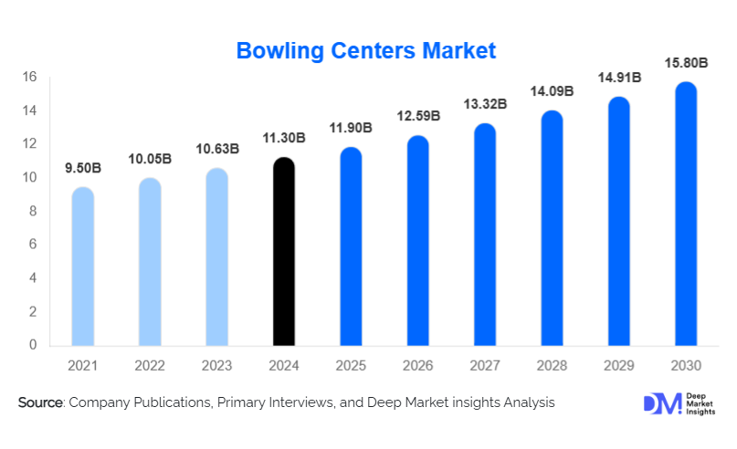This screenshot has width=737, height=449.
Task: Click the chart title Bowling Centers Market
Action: click(366, 51)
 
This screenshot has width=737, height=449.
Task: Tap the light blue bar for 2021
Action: click(83, 266)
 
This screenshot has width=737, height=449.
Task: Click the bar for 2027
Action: click(486, 235)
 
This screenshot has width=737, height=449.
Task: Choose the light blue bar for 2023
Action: click(217, 257)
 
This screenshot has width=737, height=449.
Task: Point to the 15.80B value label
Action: click(687, 63)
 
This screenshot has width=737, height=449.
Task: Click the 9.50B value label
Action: click(83, 169)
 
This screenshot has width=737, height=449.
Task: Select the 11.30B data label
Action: click(285, 139)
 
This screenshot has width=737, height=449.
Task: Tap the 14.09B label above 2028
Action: click(553, 91)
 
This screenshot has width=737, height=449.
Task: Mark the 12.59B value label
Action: click(419, 116)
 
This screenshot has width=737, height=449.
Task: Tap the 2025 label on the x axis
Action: click(352, 366)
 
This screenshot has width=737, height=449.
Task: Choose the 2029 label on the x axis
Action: click(620, 366)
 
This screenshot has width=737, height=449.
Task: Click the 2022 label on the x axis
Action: click(151, 366)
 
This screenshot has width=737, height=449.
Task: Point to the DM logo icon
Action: click(658, 402)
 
